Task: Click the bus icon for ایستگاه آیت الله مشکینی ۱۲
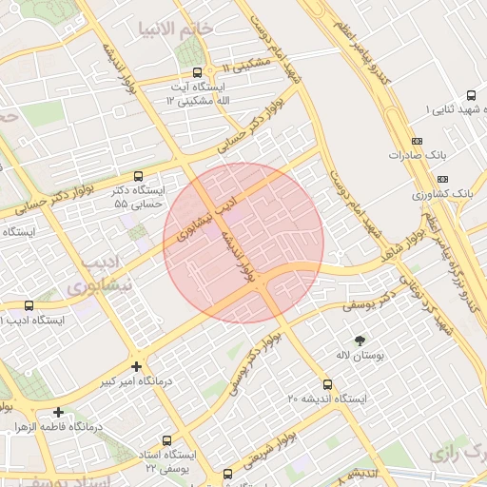tap(197, 72)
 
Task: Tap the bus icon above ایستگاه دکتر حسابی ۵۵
tap(139, 176)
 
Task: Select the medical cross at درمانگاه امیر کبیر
tap(137, 366)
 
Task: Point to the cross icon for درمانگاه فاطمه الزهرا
tap(59, 412)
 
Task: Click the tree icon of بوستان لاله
tap(360, 340)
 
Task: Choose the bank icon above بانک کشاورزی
tap(442, 179)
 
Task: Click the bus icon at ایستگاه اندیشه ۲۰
tap(328, 384)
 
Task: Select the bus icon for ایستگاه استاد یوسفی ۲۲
tap(167, 440)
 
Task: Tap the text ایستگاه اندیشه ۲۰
tap(327, 399)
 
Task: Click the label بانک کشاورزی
tap(442, 193)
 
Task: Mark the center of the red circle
tap(243, 243)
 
